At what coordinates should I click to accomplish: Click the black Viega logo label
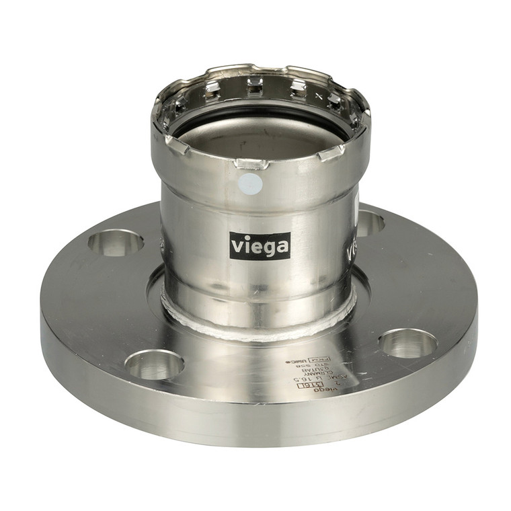[260, 245]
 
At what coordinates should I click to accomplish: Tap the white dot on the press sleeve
[250, 182]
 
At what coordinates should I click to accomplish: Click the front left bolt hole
[154, 364]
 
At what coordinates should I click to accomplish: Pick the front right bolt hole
[407, 343]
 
